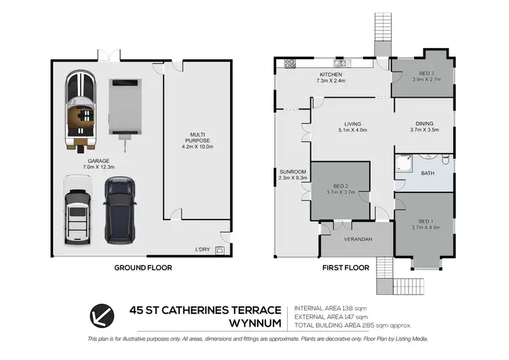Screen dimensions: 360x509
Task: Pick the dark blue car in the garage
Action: tap(118, 211)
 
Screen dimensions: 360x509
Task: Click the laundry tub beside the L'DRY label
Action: tap(220, 251)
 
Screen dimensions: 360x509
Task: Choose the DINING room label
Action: tap(425, 126)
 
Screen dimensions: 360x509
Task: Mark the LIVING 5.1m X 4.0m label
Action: tap(352, 126)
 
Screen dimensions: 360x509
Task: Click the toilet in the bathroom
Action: tap(445, 160)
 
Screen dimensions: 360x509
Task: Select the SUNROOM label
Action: tap(293, 175)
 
